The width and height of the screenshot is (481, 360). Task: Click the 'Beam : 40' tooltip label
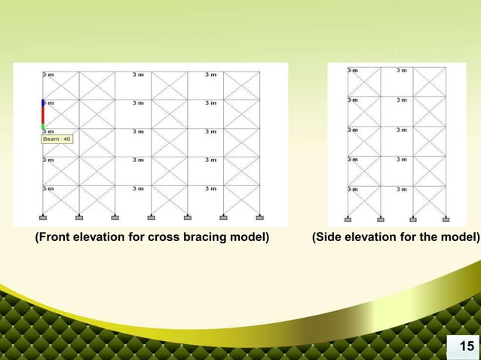tap(57, 139)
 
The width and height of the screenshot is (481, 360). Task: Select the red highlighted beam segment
tap(43, 114)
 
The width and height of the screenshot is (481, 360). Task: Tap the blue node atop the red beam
tap(43, 102)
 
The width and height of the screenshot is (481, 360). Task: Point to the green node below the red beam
tap(43, 127)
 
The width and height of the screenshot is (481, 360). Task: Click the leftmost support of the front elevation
tap(42, 218)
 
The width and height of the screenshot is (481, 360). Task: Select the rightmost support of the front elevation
tap(259, 218)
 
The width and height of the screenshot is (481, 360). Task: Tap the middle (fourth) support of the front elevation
tap(151, 218)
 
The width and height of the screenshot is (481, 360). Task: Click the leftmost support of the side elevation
tap(348, 219)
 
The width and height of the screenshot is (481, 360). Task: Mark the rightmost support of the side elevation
tap(446, 219)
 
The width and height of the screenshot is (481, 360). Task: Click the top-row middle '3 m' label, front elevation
tap(139, 75)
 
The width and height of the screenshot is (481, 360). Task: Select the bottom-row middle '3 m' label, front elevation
tap(139, 188)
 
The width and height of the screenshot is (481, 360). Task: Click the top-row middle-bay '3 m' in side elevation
tap(402, 71)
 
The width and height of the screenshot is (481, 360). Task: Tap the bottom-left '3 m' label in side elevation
tap(352, 189)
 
